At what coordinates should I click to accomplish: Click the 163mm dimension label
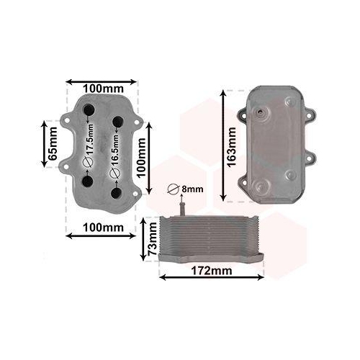click(232, 147)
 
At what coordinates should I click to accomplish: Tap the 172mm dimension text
click(212, 271)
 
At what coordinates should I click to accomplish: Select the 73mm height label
click(152, 239)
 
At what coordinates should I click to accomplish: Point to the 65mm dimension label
click(53, 144)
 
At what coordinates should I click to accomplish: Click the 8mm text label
click(192, 189)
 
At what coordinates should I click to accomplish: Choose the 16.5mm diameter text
click(115, 150)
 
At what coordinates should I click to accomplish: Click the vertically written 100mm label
click(141, 158)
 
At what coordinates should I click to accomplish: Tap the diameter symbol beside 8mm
click(174, 189)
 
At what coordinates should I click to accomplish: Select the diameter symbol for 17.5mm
click(88, 163)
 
